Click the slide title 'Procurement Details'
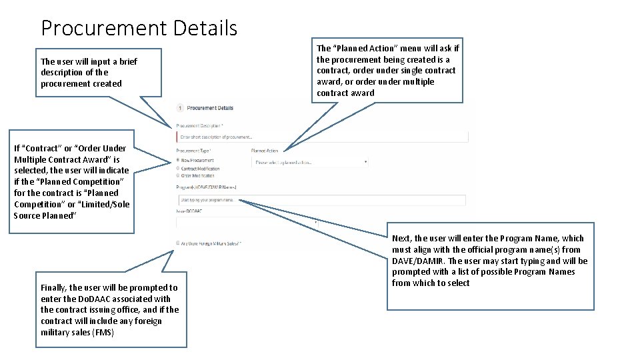coord(139,28)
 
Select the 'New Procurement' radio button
coord(178,161)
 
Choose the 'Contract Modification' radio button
coord(178,169)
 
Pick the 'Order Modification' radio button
coord(178,176)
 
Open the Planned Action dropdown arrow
coord(365,162)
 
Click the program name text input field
coord(321,199)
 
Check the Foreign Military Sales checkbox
coord(178,243)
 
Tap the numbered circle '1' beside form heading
coord(180,108)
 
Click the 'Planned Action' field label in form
coord(265,151)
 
